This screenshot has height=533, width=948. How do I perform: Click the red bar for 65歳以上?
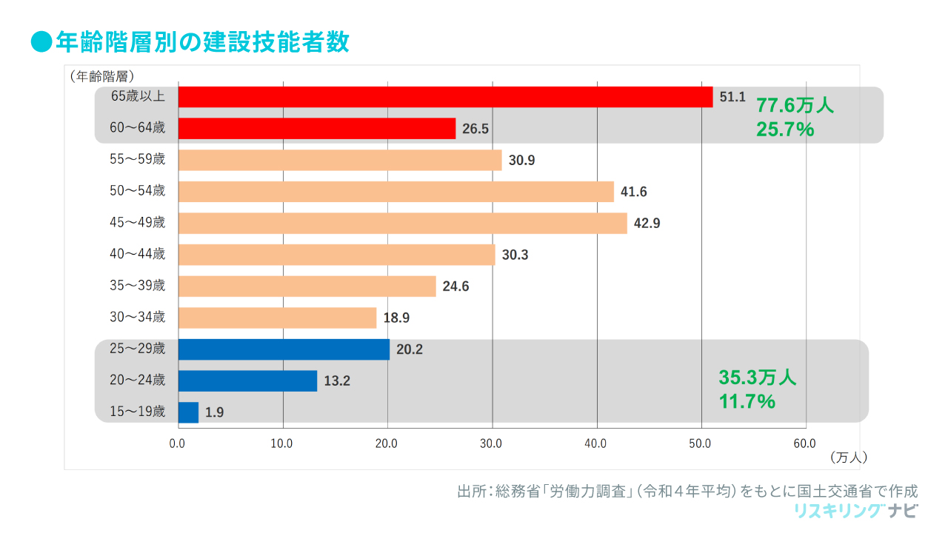click(x=445, y=97)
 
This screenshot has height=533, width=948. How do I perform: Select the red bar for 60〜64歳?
click(x=317, y=129)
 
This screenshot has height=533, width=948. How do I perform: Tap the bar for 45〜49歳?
click(x=402, y=223)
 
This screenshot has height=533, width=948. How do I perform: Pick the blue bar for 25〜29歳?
click(x=284, y=349)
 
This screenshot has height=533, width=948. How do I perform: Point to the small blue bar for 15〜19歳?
click(x=189, y=412)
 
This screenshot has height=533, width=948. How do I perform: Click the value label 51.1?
click(x=732, y=97)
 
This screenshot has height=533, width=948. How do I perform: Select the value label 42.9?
click(x=647, y=224)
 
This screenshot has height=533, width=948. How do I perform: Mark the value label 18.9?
click(x=396, y=318)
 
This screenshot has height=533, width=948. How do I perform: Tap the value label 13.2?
click(x=336, y=381)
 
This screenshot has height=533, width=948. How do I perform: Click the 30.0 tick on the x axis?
click(x=492, y=443)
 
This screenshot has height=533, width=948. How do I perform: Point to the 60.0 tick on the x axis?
click(x=805, y=443)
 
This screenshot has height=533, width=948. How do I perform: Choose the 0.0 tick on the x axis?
click(x=178, y=443)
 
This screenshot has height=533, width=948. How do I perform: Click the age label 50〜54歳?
click(x=137, y=191)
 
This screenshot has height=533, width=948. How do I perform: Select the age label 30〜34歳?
click(x=137, y=318)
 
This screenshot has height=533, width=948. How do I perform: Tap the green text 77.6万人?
click(x=795, y=106)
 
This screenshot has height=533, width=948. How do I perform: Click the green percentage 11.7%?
click(x=747, y=402)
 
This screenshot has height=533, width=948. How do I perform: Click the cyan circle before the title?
click(x=41, y=42)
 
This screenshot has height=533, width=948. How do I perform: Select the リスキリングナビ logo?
click(x=855, y=511)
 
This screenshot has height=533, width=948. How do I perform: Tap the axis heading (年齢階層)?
click(x=101, y=76)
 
